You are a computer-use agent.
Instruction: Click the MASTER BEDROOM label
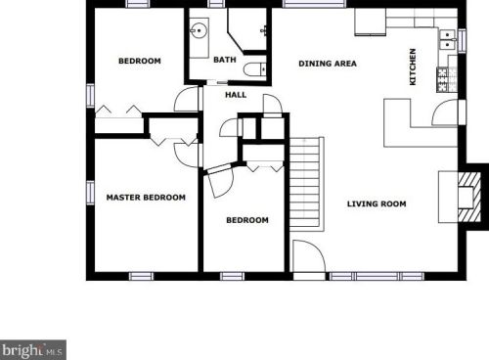pyautogui.click(x=145, y=198)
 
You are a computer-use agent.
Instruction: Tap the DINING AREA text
pyautogui.click(x=327, y=65)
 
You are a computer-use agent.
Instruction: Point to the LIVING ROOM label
pyautogui.click(x=377, y=203)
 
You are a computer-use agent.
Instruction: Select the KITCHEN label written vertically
pyautogui.click(x=414, y=67)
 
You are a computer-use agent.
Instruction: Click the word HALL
pyautogui.click(x=236, y=95)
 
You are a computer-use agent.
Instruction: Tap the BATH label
pyautogui.click(x=225, y=60)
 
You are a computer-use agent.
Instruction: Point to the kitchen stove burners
pyautogui.click(x=449, y=78)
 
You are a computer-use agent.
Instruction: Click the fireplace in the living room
pyautogui.click(x=467, y=193)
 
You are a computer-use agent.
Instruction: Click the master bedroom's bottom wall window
pyautogui.click(x=143, y=276)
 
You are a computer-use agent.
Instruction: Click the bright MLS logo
pyautogui.click(x=33, y=348)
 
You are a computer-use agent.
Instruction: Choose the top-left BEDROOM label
pyautogui.click(x=139, y=62)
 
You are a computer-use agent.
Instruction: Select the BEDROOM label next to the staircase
pyautogui.click(x=246, y=220)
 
